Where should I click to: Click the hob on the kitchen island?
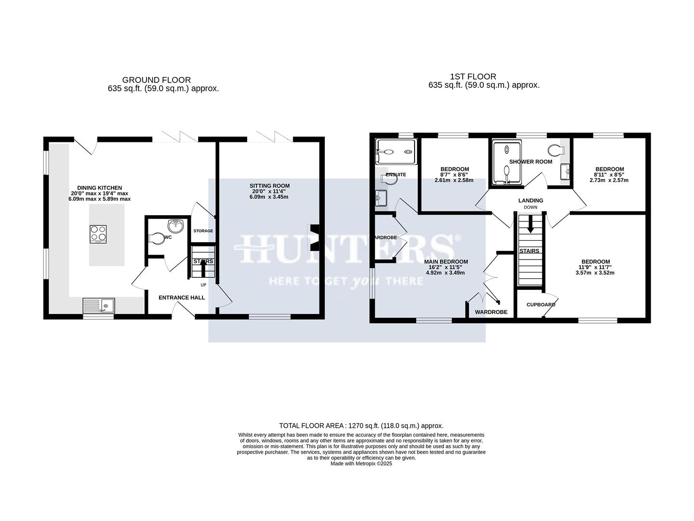[x=98, y=234]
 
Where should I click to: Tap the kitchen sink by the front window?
[x=99, y=305]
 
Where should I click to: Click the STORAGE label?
[x=203, y=231]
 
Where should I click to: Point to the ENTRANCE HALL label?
[x=182, y=298]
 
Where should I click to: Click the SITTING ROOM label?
[x=269, y=186]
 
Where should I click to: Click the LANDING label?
[x=531, y=201]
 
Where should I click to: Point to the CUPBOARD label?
[x=541, y=305]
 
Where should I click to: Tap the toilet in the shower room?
[x=557, y=150]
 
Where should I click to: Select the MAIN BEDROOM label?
[x=446, y=262]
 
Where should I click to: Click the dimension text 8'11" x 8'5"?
[x=609, y=175]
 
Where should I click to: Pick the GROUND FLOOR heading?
[x=156, y=80]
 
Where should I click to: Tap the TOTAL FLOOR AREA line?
[x=361, y=425]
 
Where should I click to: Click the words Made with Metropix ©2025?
[x=361, y=464]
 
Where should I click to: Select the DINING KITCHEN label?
[x=100, y=188]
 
